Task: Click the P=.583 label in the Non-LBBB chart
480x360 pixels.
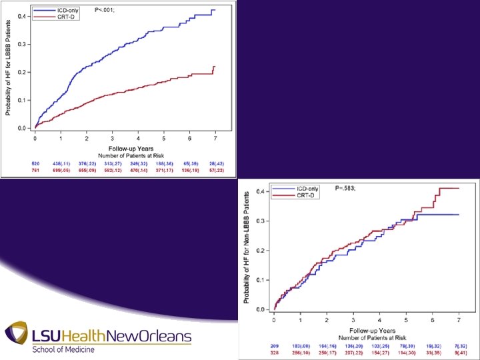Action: [x=346, y=189]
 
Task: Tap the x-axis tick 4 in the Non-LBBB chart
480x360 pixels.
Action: [x=379, y=319]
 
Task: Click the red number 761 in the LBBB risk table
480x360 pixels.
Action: [x=35, y=171]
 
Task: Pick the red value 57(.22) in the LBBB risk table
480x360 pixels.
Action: [x=216, y=171]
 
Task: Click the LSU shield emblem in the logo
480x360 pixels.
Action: [x=16, y=336]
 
